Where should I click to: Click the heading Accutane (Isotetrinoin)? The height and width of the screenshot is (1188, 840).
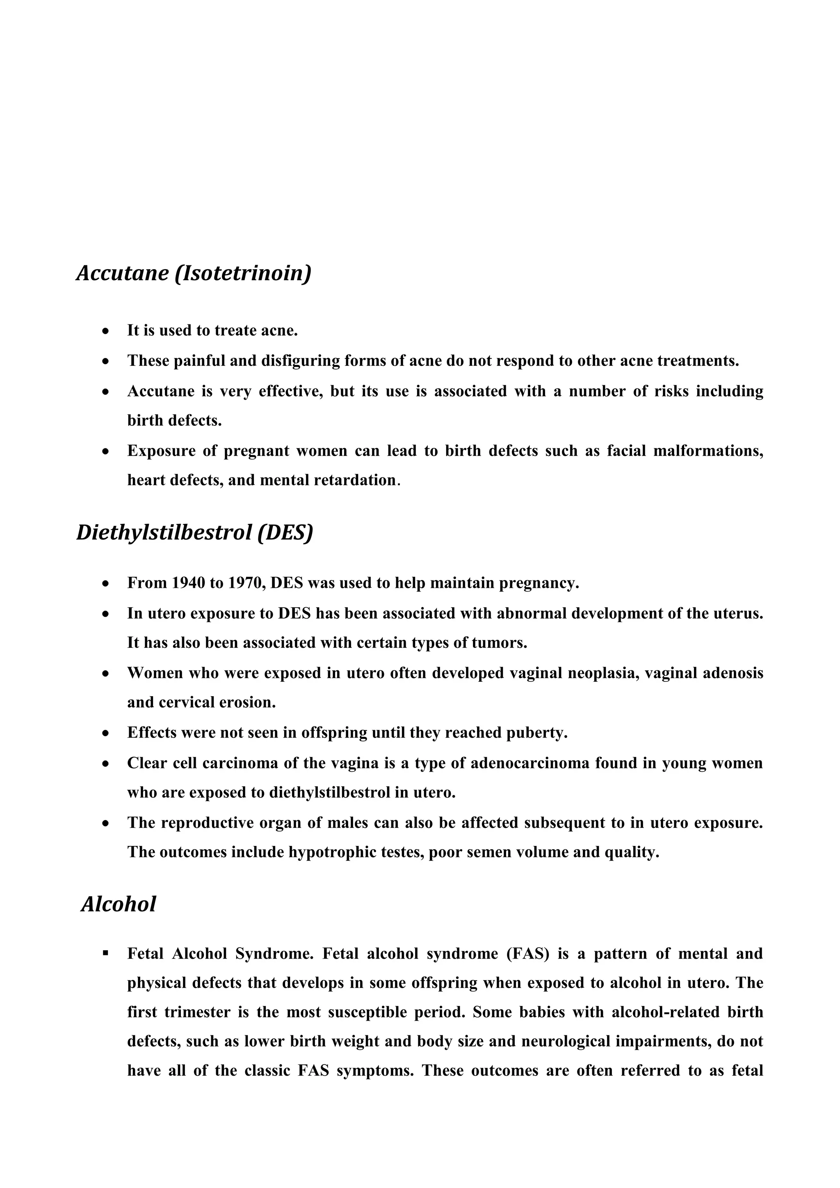(194, 273)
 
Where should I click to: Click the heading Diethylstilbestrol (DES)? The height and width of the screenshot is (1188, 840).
(194, 532)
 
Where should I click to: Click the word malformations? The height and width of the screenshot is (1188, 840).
(708, 451)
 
